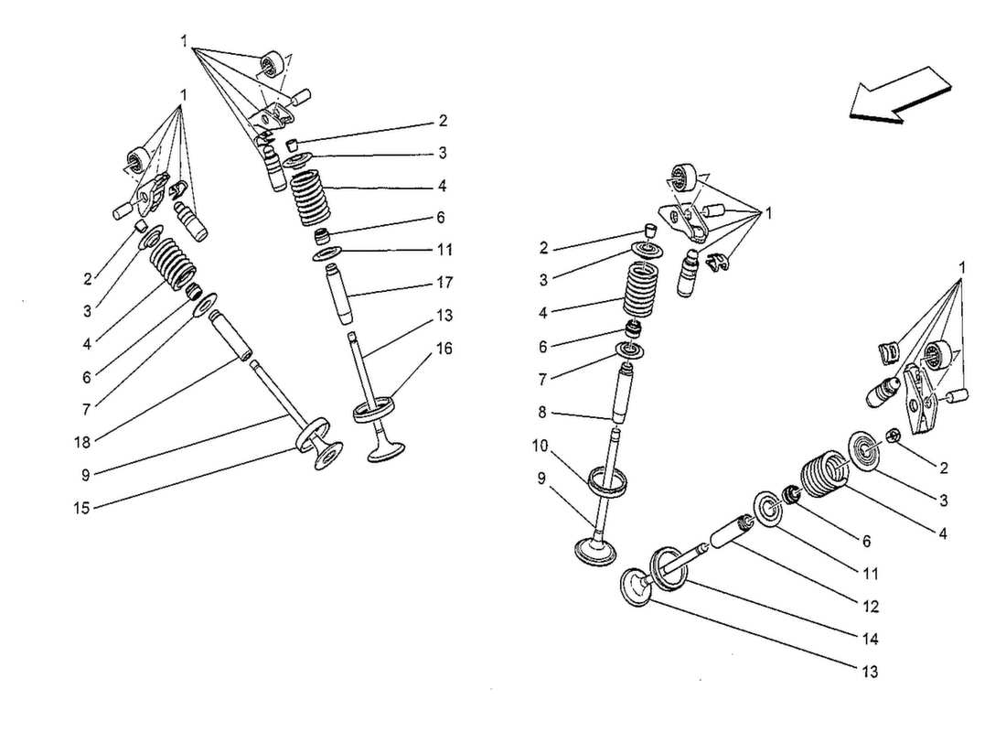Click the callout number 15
pos(81,507)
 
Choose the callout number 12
pos(870,606)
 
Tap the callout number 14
pos(870,639)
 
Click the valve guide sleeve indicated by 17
pos(341,295)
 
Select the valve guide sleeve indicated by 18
pos(230,334)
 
